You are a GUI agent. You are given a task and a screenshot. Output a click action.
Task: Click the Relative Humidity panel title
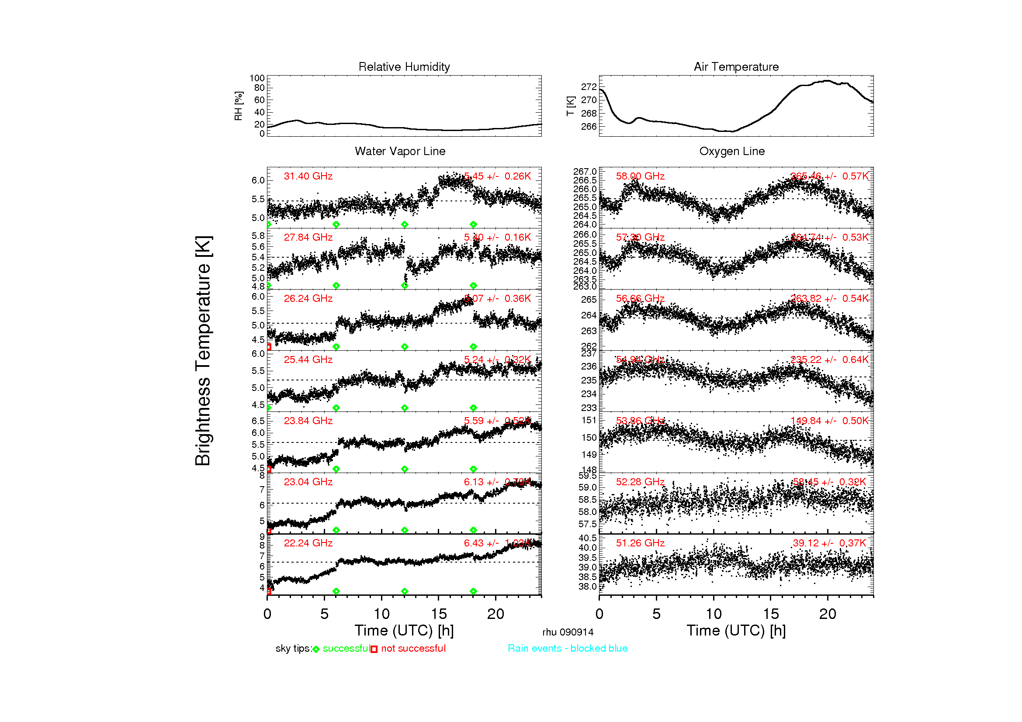tap(404, 67)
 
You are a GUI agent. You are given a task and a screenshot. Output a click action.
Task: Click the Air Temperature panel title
tap(736, 67)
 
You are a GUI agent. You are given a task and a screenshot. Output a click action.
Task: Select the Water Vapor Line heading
tap(400, 151)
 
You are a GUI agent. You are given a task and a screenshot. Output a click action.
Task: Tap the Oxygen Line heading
tap(732, 151)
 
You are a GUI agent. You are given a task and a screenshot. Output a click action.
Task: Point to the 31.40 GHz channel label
tap(308, 176)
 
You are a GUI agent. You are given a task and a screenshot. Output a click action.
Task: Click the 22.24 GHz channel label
tap(308, 543)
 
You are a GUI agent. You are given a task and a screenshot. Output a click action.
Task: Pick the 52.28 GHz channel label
tap(640, 482)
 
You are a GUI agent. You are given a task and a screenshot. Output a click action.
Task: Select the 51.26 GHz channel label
tap(640, 543)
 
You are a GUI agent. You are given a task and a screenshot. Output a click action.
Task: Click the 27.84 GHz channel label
tap(308, 238)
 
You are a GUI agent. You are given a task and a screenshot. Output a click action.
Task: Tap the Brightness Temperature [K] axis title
tap(203, 351)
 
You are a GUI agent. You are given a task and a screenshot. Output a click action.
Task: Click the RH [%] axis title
tap(239, 106)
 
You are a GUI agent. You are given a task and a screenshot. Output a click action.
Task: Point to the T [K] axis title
tap(571, 106)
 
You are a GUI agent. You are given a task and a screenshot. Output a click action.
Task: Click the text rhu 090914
tap(568, 632)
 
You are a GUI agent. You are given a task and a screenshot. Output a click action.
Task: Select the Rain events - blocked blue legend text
tap(568, 649)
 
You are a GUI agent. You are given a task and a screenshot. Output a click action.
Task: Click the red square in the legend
tap(374, 649)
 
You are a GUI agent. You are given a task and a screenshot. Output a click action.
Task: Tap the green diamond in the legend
tap(316, 649)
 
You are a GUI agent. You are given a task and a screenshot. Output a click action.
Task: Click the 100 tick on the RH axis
tap(257, 78)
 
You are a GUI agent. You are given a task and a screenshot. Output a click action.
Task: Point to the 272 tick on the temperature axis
tap(589, 87)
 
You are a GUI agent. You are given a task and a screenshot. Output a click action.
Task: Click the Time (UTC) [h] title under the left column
tap(404, 631)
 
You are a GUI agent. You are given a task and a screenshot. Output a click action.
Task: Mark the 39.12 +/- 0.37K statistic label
tap(829, 543)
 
